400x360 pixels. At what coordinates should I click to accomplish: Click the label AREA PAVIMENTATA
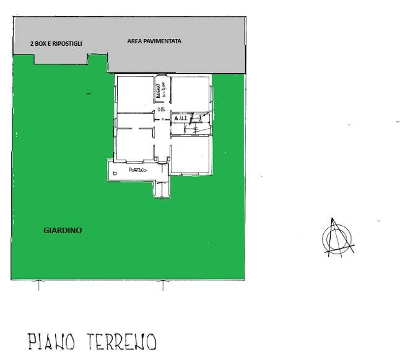(154, 41)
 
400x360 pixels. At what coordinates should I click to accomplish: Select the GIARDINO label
(63, 230)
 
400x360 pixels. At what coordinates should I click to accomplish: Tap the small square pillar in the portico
(115, 174)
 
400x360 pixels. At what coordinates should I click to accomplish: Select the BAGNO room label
(160, 92)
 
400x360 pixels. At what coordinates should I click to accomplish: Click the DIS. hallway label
(161, 109)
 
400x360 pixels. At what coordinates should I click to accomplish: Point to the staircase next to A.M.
(199, 122)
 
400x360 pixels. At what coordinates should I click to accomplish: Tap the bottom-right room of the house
(190, 152)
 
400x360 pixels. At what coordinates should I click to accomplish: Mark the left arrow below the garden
(38, 285)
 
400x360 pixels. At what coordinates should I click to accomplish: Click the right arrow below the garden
(162, 285)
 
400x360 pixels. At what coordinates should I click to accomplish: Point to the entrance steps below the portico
(162, 188)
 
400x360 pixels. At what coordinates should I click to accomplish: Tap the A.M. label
(180, 118)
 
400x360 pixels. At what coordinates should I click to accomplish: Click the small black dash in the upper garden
(89, 94)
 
